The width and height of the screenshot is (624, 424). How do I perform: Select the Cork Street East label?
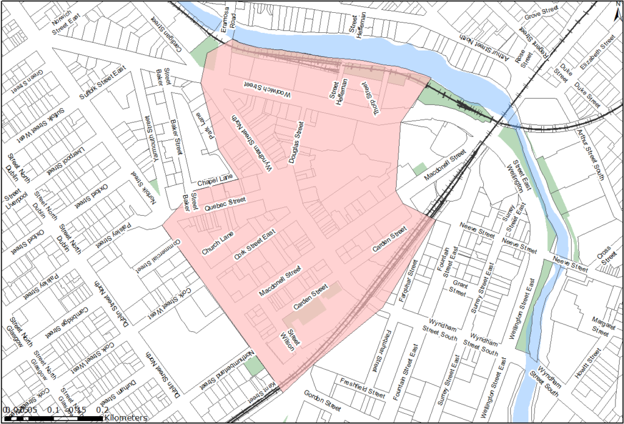[255, 245]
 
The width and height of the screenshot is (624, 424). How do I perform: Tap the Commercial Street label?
[157, 253]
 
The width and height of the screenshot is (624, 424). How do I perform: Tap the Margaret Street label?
[601, 327]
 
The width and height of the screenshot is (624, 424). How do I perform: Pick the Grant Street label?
[458, 288]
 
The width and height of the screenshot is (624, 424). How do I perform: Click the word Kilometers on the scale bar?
[125, 419]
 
